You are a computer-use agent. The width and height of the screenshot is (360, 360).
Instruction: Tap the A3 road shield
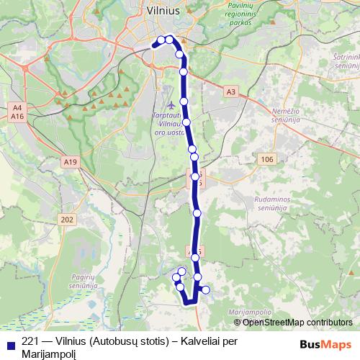tap(230, 92)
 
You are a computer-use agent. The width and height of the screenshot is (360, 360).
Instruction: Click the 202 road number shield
tap(68, 220)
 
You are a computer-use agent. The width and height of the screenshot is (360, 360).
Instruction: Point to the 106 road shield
tap(267, 159)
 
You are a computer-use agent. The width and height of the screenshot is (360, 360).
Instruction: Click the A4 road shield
tap(18, 107)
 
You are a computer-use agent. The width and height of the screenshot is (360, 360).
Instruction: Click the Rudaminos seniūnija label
tap(279, 204)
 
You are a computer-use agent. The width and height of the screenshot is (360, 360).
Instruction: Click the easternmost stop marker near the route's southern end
tap(206, 290)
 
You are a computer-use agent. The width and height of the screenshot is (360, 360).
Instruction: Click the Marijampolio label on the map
tap(250, 311)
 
